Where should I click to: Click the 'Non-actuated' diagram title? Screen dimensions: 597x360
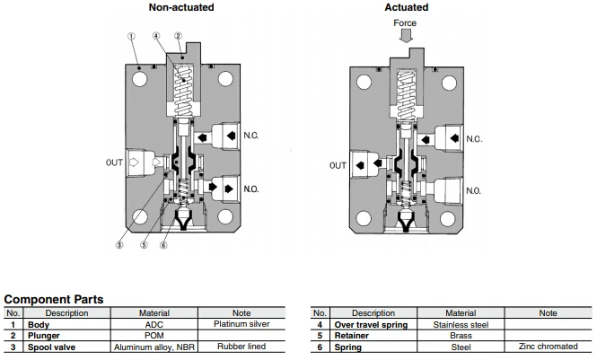pyautogui.click(x=181, y=7)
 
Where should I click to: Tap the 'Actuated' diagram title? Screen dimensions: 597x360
pyautogui.click(x=407, y=7)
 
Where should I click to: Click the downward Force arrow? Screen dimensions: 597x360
pyautogui.click(x=406, y=36)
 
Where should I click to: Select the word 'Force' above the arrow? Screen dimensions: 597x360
pyautogui.click(x=405, y=22)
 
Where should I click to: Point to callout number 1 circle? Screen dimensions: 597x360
pyautogui.click(x=131, y=36)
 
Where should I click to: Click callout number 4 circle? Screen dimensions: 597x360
pyautogui.click(x=156, y=36)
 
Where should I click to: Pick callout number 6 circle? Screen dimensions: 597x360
pyautogui.click(x=163, y=245)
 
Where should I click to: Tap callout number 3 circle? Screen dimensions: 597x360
pyautogui.click(x=119, y=245)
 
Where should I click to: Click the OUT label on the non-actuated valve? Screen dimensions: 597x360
pyautogui.click(x=114, y=162)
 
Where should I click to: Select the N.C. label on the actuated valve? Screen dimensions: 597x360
pyautogui.click(x=474, y=139)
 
